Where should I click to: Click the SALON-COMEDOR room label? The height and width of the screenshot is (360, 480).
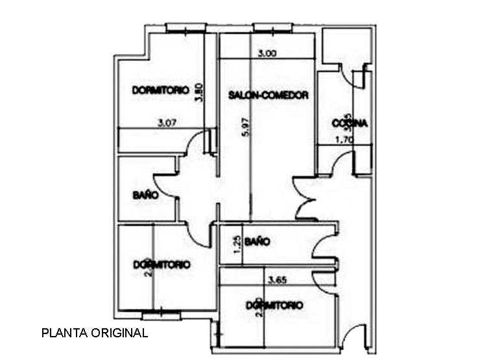click(x=268, y=95)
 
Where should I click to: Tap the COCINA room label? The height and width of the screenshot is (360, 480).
click(x=350, y=123)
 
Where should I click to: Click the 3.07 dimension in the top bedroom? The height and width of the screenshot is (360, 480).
click(x=167, y=122)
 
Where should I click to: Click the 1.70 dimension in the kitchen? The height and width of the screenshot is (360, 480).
click(x=344, y=139)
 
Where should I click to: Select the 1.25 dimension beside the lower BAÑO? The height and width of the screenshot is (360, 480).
click(x=237, y=244)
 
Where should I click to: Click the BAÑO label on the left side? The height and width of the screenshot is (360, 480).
click(x=145, y=194)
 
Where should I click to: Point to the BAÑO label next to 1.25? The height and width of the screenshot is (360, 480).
click(x=258, y=241)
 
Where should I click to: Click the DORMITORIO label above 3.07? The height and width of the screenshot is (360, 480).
click(x=160, y=90)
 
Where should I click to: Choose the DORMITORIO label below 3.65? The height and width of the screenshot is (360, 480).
click(x=274, y=304)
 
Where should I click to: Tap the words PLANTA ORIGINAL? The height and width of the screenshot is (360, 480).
click(x=95, y=333)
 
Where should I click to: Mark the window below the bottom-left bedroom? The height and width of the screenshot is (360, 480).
click(x=162, y=316)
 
